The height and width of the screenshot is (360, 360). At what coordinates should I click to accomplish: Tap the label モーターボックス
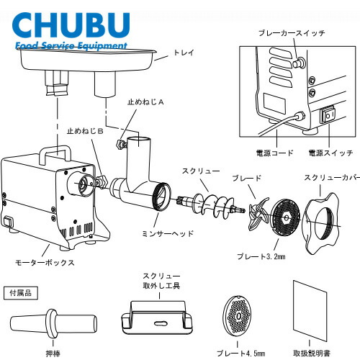[x=49, y=262]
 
